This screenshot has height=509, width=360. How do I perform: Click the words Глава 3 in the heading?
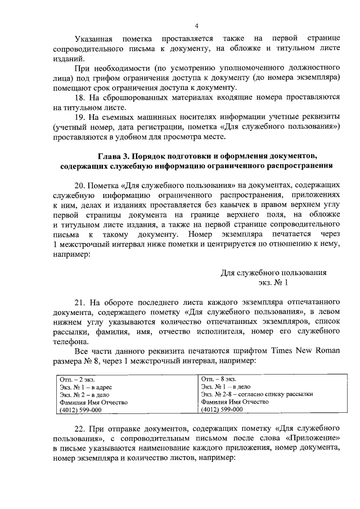click(x=115, y=155)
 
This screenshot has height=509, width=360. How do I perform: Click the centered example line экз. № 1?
click(x=273, y=282)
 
